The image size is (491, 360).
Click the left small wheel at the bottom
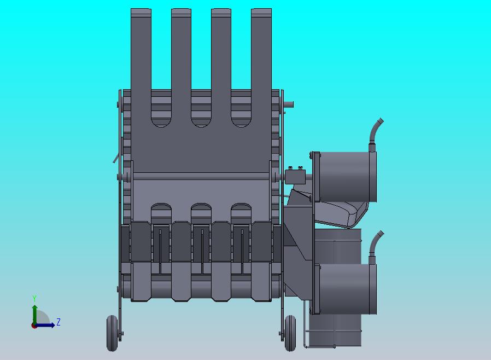pos(112,333)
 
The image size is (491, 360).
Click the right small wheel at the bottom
pos(290,333)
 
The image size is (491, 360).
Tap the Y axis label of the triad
pos(34,298)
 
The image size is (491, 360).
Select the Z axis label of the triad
pos(59,322)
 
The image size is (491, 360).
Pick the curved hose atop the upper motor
pos(376,132)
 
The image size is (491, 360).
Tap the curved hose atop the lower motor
pos(376,245)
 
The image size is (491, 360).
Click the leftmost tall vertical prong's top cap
pos(141,13)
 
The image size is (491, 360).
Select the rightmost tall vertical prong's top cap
pos(261,13)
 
